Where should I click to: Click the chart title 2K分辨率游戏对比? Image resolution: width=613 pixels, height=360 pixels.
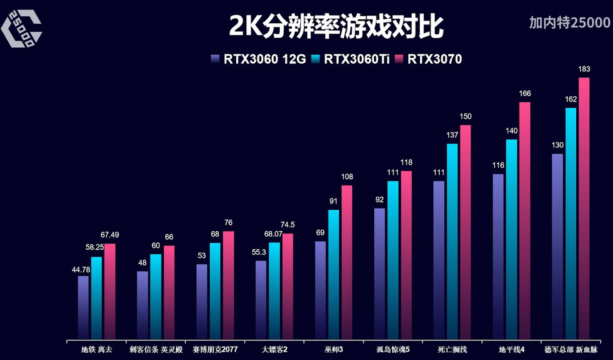pyautogui.click(x=335, y=26)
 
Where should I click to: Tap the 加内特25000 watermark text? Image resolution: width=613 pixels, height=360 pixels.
pyautogui.click(x=570, y=22)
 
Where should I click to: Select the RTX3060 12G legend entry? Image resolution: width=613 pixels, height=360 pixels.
pyautogui.click(x=259, y=59)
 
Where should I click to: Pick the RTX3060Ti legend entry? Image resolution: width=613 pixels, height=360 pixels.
pyautogui.click(x=351, y=59)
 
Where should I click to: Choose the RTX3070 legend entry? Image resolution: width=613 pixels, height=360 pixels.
pyautogui.click(x=429, y=59)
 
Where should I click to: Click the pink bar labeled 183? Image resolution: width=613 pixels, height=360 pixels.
pyautogui.click(x=584, y=208)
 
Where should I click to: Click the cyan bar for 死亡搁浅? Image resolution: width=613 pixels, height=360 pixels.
pyautogui.click(x=452, y=241)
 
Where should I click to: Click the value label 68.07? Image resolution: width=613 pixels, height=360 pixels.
pyautogui.click(x=273, y=234)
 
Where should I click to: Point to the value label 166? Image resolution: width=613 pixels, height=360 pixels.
pyautogui.click(x=525, y=93)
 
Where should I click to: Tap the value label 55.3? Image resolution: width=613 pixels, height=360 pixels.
pyautogui.click(x=259, y=252)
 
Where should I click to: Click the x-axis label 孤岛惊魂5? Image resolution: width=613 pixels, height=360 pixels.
pyautogui.click(x=393, y=350)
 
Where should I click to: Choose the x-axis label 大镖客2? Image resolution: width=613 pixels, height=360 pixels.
pyautogui.click(x=274, y=350)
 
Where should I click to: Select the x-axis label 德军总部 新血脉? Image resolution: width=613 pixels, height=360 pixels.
pyautogui.click(x=571, y=350)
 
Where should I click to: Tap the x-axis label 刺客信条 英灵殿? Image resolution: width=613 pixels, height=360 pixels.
pyautogui.click(x=156, y=350)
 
